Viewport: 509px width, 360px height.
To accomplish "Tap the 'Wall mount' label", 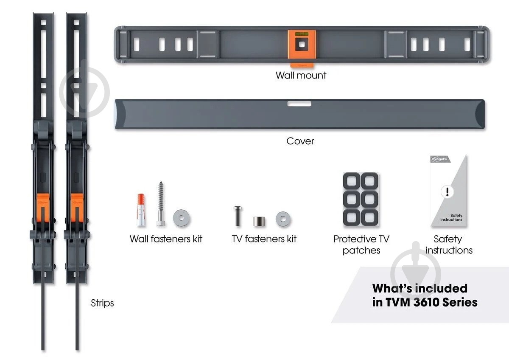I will click(x=301, y=76).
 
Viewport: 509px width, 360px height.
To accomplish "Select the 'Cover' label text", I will click(x=300, y=141).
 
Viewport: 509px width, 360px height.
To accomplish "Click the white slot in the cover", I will click(x=299, y=104).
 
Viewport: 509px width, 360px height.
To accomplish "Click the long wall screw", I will click(x=160, y=204).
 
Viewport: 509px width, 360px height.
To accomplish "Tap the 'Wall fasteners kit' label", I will click(x=166, y=239).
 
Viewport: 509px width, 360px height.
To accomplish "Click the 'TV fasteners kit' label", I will click(x=264, y=239).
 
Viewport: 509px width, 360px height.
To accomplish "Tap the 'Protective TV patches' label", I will click(x=361, y=245).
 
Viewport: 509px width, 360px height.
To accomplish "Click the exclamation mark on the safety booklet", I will click(x=446, y=191).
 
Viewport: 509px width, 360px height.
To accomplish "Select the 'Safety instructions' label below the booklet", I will click(x=449, y=245).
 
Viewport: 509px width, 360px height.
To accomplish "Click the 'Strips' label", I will click(x=102, y=303).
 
